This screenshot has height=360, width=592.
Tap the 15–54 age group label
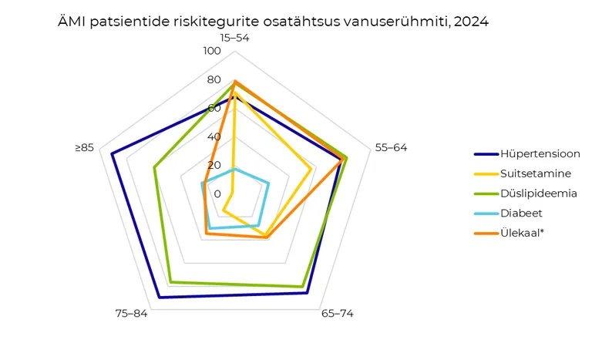point(233,37)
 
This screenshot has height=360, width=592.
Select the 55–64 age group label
point(391,147)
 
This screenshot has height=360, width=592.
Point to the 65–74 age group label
point(337,313)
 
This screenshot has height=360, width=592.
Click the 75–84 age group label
point(130,313)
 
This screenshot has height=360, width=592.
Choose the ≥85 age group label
point(84,147)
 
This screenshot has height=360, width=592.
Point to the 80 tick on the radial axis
point(214,80)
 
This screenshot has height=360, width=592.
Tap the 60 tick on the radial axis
point(214,109)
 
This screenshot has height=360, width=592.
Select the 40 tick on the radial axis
point(214,137)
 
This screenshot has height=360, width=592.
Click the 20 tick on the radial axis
point(214,165)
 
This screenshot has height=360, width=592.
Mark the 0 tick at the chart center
point(217,193)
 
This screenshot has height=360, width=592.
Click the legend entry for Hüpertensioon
point(540,153)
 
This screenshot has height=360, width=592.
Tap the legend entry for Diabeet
point(521,212)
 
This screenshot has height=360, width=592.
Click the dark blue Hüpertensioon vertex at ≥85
point(112,154)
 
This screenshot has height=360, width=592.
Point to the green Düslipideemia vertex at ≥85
point(155,168)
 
